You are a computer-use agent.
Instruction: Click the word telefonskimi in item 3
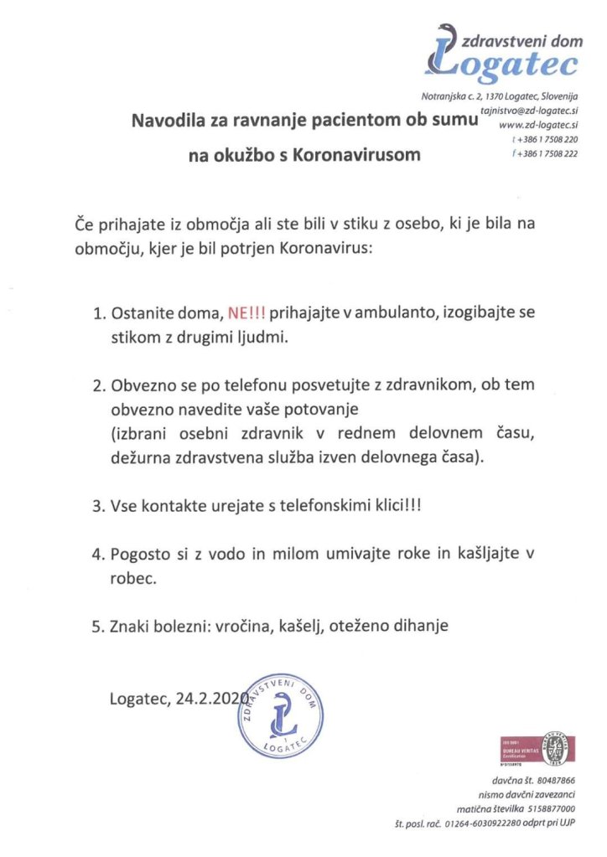[308, 507]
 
